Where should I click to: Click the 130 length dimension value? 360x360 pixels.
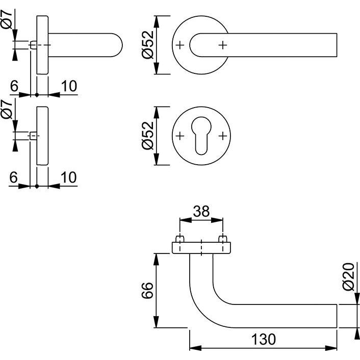263,339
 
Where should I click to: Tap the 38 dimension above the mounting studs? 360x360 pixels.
201,211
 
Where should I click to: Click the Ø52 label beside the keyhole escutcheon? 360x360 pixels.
147,136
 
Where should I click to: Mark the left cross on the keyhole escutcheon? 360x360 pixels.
179,136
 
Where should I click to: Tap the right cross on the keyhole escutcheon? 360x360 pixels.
222,136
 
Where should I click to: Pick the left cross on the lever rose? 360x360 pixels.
179,45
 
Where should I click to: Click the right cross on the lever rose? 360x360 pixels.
222,45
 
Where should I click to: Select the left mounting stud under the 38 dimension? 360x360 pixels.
180,239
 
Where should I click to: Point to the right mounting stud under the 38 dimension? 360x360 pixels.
223,239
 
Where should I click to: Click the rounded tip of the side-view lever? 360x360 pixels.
118,45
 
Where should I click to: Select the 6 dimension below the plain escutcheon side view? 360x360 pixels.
14,177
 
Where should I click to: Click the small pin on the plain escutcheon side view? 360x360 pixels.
33,136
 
